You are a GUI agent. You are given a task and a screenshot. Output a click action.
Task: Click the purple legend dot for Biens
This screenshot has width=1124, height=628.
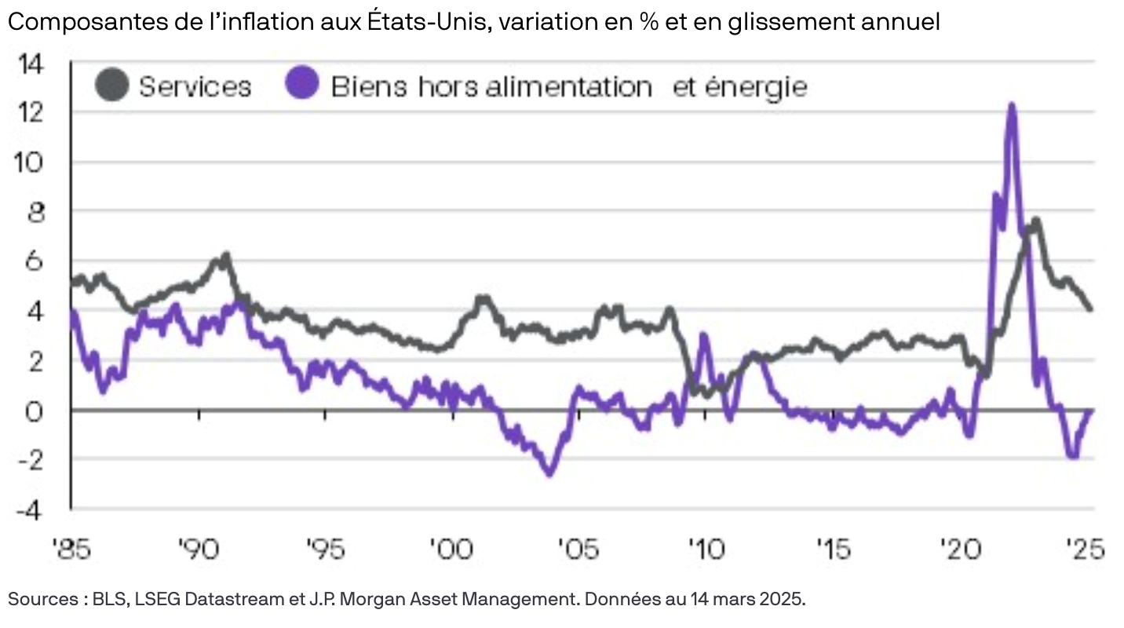coord(303,84)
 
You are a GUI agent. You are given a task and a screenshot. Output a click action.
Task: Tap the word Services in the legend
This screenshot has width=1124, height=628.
coord(195,86)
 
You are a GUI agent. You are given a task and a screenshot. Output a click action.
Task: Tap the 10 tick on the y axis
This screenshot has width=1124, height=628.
coord(37,162)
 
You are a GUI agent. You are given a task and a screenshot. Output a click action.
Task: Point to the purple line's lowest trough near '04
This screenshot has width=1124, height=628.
coord(549,473)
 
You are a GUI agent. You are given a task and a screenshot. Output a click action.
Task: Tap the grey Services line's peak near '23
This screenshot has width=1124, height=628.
coord(1036,220)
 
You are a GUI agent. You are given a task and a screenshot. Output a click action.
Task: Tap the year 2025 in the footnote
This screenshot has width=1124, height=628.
coord(786,600)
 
